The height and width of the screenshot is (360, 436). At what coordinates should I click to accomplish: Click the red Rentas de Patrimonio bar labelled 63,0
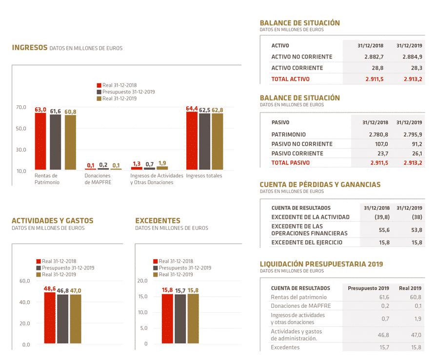point(40,141)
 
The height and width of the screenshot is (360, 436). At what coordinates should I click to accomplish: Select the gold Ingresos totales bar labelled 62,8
point(217,141)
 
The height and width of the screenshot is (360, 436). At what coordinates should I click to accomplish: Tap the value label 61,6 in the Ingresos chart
point(55,112)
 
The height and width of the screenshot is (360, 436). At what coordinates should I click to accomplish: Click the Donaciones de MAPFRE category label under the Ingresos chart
point(98,179)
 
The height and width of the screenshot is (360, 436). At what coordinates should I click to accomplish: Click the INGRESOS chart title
point(30,47)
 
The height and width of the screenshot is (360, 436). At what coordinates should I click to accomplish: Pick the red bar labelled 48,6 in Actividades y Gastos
point(50,318)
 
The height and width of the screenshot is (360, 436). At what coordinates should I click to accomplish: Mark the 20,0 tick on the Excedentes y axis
point(142,281)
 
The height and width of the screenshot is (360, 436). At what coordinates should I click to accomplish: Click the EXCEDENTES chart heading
point(158,221)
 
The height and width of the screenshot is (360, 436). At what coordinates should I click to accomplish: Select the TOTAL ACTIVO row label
point(290,79)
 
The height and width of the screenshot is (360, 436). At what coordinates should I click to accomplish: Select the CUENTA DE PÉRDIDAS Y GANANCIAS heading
point(320,185)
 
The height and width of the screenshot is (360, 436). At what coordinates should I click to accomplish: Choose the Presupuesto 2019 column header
point(368,288)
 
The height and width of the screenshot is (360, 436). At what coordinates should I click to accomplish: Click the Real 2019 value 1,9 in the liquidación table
point(417,318)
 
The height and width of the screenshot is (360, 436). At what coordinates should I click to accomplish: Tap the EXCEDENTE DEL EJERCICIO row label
point(307,243)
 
